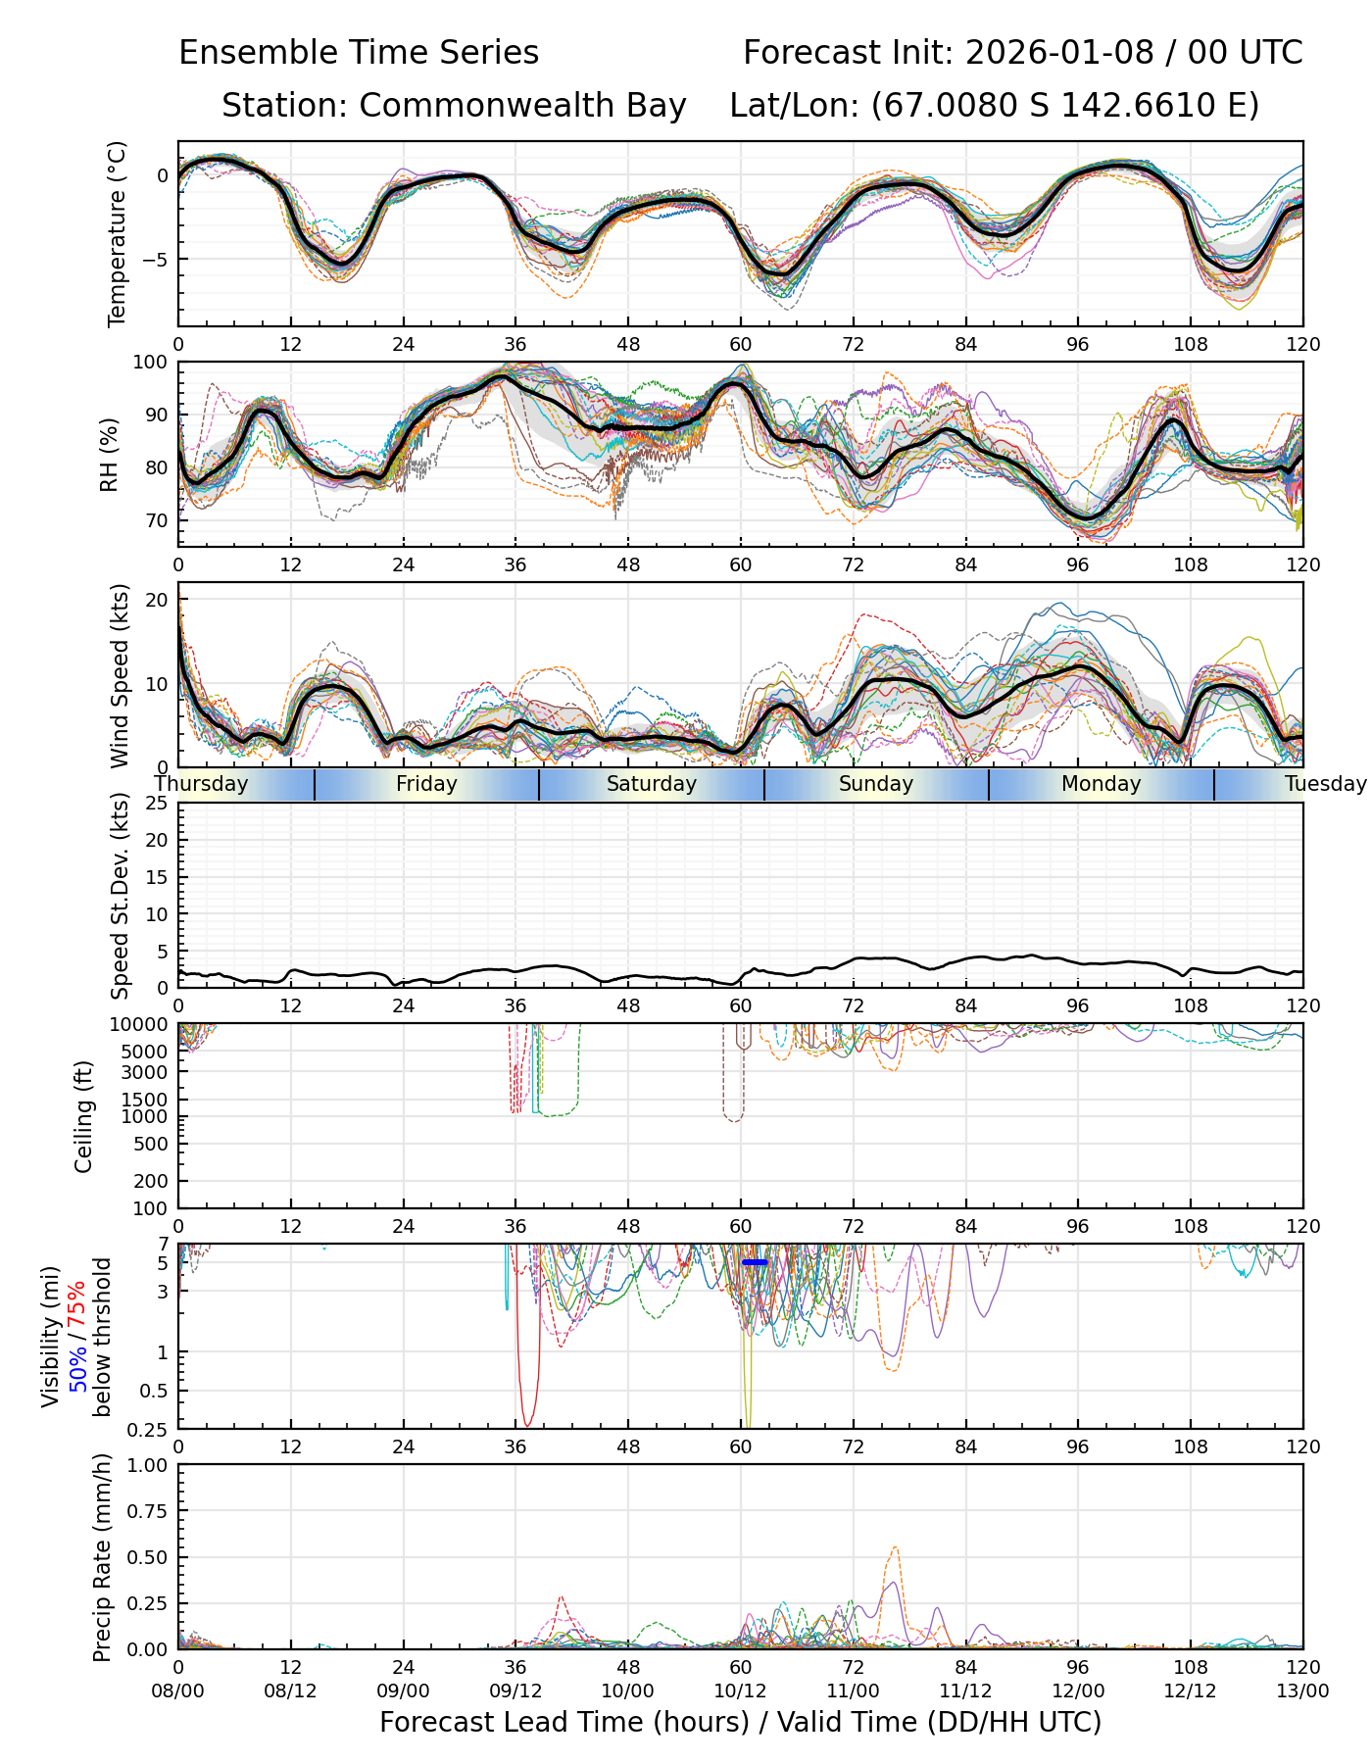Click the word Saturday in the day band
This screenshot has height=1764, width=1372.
651,784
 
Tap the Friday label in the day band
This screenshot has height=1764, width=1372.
426,784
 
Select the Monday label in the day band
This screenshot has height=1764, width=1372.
1101,784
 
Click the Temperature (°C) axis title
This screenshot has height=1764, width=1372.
118,233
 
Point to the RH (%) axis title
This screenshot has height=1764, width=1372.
109,455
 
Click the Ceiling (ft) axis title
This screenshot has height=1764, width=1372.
84,1116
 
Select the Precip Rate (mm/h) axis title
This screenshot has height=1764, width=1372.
102,1557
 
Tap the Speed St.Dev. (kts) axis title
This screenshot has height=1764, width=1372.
120,895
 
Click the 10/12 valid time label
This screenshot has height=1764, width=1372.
740,1690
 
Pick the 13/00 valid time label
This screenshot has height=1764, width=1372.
1302,1690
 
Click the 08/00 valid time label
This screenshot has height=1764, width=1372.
178,1690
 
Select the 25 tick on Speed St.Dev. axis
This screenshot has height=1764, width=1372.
157,804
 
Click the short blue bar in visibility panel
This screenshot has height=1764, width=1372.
755,1262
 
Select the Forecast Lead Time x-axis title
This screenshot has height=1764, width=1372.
740,1722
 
